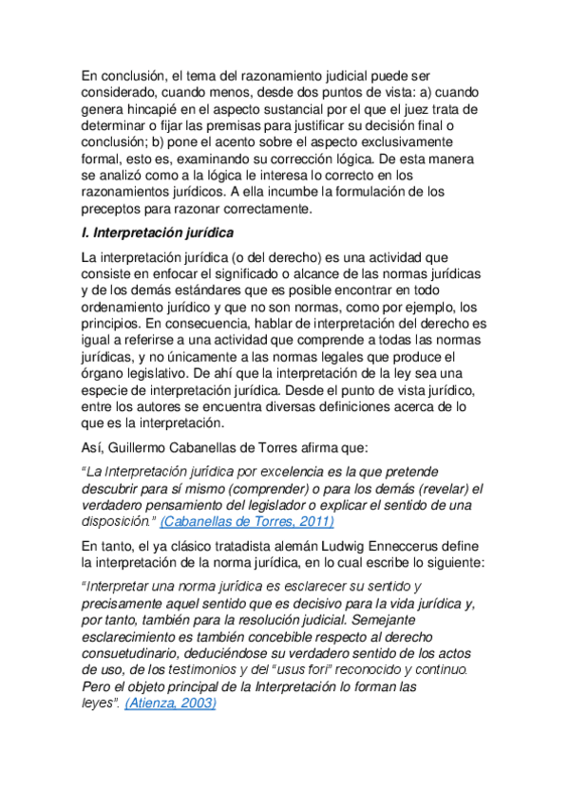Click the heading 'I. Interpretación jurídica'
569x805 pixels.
point(157,233)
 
